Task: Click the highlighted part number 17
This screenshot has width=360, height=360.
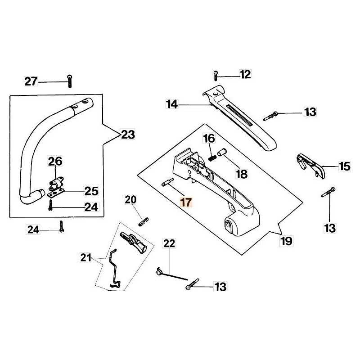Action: (x=186, y=202)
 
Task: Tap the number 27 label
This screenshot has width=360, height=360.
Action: (x=31, y=81)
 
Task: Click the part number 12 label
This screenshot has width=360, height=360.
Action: (x=245, y=74)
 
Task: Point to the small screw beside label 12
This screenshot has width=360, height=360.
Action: (x=217, y=74)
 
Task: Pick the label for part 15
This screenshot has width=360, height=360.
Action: (x=344, y=166)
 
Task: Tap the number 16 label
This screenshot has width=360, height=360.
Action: (x=209, y=138)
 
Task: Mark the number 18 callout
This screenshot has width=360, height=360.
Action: (x=242, y=174)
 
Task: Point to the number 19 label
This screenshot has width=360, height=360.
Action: (x=286, y=241)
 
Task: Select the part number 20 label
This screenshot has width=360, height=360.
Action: (x=130, y=199)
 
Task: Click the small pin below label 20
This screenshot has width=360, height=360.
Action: (x=144, y=221)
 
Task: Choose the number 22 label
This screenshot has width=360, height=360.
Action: (x=169, y=244)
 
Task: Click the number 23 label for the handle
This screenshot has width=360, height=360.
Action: (x=128, y=134)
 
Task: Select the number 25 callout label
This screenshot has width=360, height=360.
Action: (x=91, y=191)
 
